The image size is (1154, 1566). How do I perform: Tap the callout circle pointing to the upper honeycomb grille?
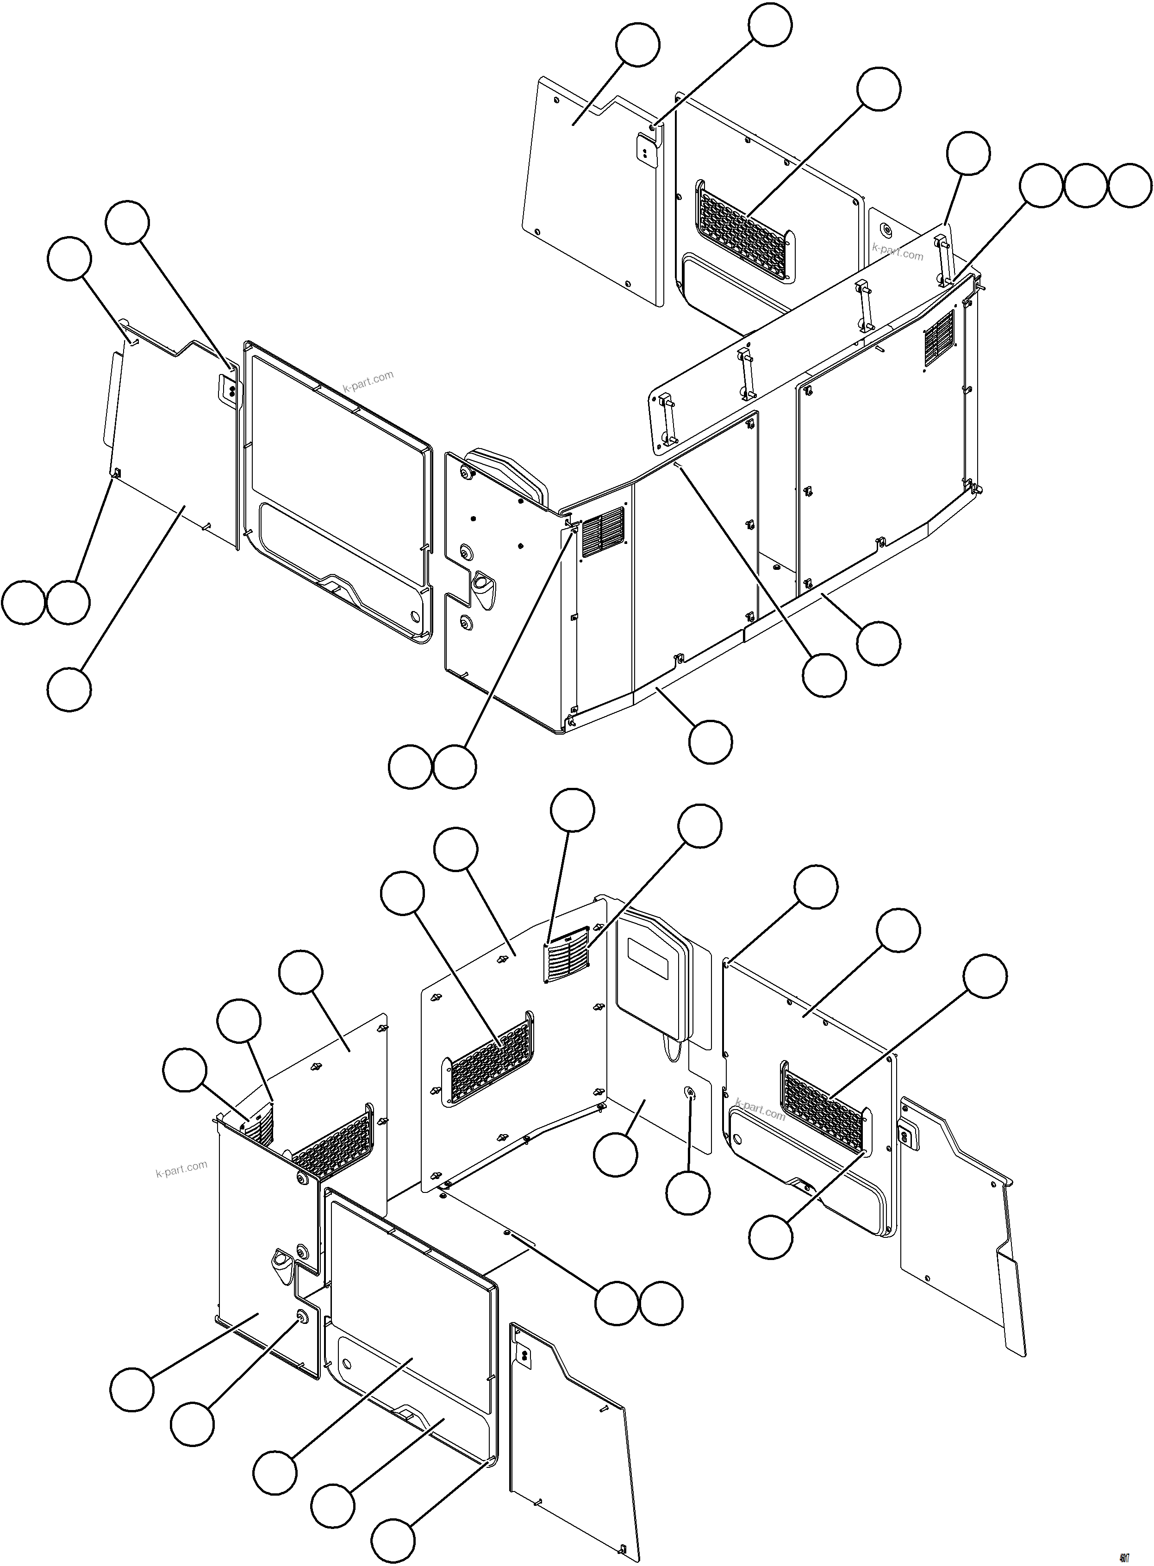879,89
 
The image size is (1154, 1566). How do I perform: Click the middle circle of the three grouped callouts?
1085,186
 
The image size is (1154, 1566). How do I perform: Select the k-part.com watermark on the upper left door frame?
368,381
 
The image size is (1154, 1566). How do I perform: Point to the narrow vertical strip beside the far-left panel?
111,399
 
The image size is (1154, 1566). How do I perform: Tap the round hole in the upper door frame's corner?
416,617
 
